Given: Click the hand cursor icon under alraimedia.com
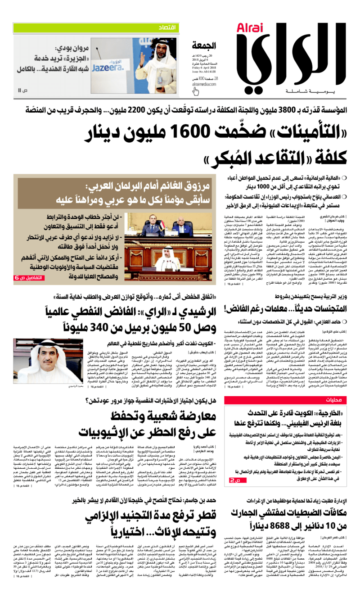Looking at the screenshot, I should [x=196, y=91].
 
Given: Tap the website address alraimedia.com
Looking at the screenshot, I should [x=204, y=84].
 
